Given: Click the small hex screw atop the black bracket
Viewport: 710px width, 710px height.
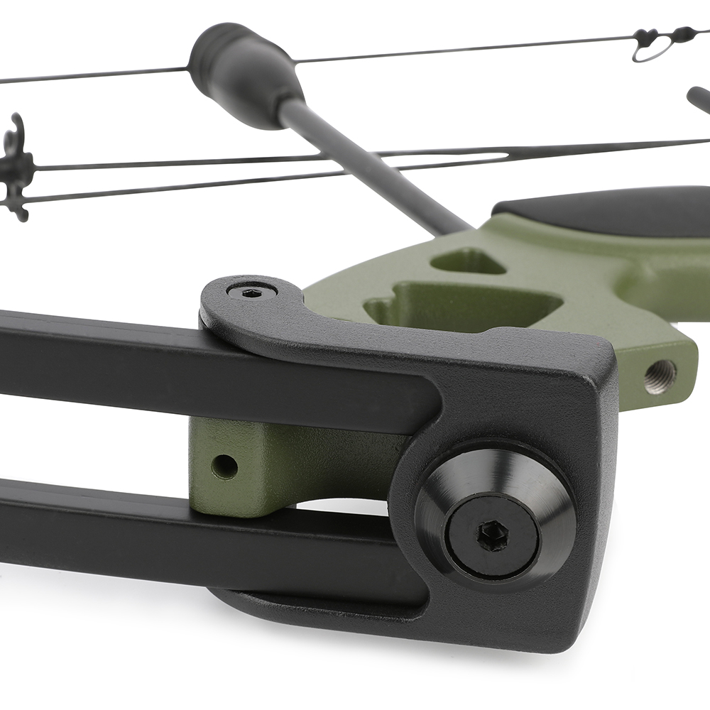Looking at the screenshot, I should click(251, 292).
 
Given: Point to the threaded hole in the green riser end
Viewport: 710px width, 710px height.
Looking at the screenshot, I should click(660, 376).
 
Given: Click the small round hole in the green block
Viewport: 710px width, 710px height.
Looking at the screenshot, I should click(224, 466).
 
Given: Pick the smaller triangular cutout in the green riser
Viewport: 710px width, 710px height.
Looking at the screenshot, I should click(469, 261).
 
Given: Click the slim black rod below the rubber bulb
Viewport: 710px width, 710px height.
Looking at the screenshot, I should click(369, 167).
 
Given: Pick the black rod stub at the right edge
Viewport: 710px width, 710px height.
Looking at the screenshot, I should click(699, 99).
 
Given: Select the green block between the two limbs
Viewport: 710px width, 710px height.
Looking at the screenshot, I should click(284, 461).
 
